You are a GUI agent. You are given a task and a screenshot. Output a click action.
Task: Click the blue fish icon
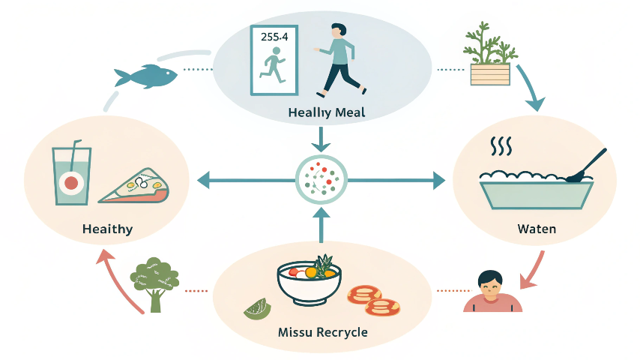(145, 76)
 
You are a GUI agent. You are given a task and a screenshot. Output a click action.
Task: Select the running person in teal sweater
(339, 60)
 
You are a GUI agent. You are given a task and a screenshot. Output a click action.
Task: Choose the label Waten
(537, 228)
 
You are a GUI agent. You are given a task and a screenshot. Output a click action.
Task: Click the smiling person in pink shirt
(492, 291)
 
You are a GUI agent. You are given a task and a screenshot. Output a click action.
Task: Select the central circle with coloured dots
(321, 180)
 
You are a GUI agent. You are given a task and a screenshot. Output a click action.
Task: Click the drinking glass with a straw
(71, 174)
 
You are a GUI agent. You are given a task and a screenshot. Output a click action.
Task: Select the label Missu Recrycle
(322, 331)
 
